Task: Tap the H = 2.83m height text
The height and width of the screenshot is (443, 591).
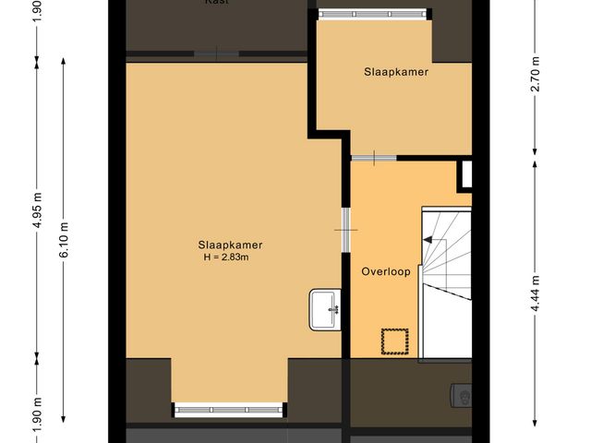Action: [229, 257]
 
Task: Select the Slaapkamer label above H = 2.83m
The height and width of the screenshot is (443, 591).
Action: [230, 245]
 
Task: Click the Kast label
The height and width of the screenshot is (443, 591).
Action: [218, 3]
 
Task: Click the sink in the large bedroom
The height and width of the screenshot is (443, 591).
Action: [325, 308]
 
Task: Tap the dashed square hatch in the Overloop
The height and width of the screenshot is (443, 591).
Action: [395, 341]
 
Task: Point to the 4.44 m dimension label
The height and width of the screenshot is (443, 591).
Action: [536, 293]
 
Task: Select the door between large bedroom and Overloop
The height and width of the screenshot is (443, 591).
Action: [344, 229]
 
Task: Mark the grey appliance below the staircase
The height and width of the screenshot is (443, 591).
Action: [460, 396]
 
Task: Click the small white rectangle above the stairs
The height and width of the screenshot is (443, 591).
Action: [466, 174]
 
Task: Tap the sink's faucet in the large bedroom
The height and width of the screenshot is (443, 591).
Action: [333, 308]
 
